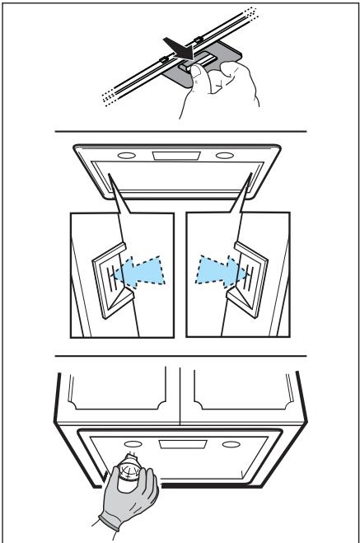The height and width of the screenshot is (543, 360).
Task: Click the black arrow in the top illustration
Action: [x=177, y=49]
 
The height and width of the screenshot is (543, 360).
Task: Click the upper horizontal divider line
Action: [x=180, y=131]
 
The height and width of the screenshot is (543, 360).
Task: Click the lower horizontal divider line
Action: [x=180, y=356]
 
